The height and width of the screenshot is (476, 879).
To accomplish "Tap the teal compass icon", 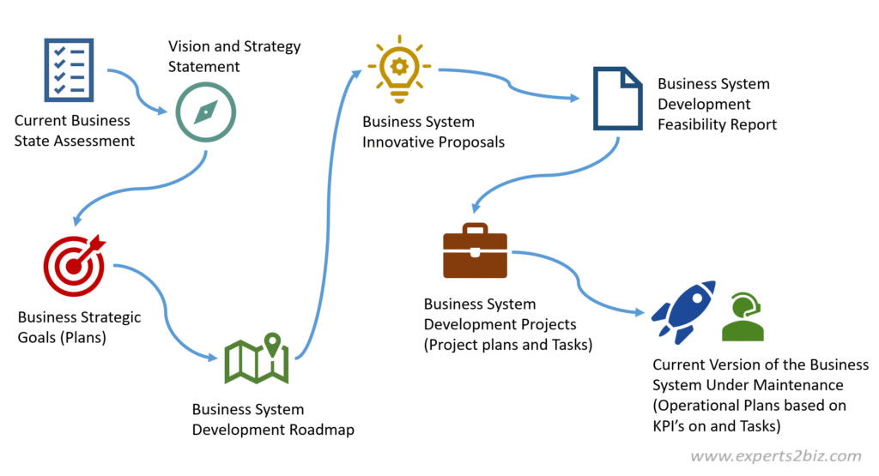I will coord(206,112).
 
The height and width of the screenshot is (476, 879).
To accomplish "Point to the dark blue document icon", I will coord(618,99).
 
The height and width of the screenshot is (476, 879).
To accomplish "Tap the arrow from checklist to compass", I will coord(139,90).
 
